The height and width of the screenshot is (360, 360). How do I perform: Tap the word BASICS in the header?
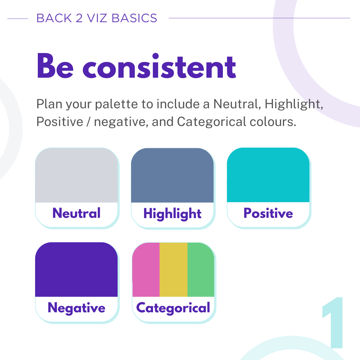click(x=134, y=18)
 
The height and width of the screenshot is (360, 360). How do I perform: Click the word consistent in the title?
click(x=159, y=66)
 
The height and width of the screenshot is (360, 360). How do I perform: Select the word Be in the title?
click(x=55, y=66)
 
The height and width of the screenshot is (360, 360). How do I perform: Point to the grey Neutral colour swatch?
click(x=76, y=175)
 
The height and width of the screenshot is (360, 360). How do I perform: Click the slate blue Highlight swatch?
click(x=172, y=175)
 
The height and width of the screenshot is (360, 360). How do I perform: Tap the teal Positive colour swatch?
click(x=268, y=175)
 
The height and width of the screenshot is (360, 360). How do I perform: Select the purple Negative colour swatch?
click(x=76, y=269)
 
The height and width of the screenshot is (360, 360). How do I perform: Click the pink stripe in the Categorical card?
click(x=146, y=269)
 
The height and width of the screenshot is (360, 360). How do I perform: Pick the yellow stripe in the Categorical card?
click(x=174, y=269)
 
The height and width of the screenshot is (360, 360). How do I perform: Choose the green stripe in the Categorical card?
click(x=201, y=269)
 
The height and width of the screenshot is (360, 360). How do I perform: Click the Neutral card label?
click(x=76, y=213)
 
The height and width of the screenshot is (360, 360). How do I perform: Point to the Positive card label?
click(x=268, y=213)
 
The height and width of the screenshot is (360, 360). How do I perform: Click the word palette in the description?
click(x=116, y=104)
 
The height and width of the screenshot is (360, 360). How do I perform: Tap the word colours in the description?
click(x=273, y=122)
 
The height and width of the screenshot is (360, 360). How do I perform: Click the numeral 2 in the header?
click(x=79, y=18)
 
